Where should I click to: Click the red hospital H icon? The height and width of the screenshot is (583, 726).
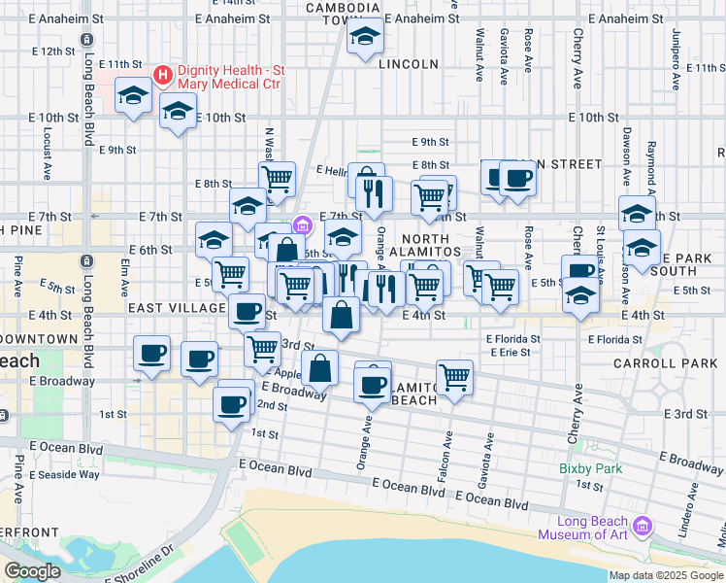(163, 74)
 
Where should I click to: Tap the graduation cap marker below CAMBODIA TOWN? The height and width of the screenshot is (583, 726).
(365, 38)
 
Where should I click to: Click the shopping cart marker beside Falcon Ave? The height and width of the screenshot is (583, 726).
(454, 377)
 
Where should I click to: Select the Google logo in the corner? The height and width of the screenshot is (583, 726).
(32, 571)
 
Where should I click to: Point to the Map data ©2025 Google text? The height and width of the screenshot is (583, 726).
(665, 575)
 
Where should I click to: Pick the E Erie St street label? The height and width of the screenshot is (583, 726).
(507, 353)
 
